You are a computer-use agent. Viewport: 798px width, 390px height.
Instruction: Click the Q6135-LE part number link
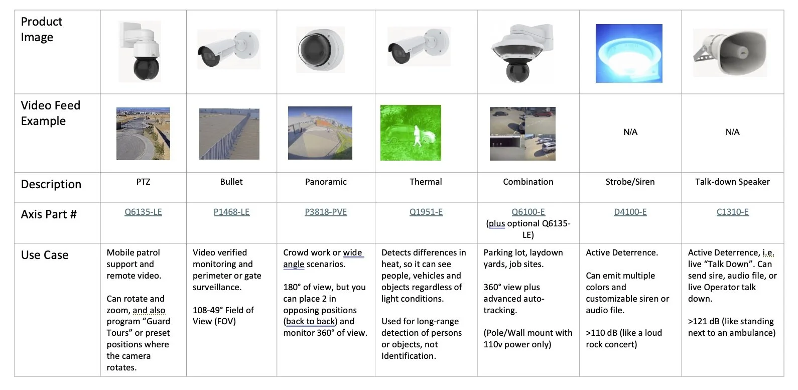[143, 212]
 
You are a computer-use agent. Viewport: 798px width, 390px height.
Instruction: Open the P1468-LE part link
[231, 212]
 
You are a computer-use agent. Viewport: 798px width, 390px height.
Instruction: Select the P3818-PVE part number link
[326, 212]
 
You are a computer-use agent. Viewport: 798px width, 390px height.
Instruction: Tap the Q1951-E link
[426, 212]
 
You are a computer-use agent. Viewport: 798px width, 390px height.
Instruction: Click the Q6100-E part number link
[528, 212]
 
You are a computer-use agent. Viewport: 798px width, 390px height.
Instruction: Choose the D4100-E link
[630, 212]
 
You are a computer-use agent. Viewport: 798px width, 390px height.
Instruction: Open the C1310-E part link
[732, 212]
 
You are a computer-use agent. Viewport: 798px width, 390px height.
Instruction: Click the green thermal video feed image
[411, 133]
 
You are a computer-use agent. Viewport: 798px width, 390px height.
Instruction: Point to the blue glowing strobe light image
[629, 53]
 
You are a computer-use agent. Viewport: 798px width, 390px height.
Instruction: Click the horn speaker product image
[730, 53]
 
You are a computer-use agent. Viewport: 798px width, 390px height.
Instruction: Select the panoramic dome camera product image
[320, 50]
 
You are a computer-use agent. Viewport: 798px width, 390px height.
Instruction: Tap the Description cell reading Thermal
[426, 182]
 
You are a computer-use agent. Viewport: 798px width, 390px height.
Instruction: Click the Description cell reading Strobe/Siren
[630, 182]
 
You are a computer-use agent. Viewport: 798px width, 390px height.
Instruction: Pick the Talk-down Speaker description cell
[732, 182]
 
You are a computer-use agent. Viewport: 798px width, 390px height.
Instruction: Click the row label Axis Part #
[49, 214]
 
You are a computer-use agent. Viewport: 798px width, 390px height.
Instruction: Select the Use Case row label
[45, 255]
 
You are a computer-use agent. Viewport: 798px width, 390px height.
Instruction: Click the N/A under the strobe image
[630, 132]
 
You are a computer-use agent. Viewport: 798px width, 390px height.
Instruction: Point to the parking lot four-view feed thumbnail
[522, 134]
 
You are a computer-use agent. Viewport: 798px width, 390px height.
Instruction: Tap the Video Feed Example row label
[50, 113]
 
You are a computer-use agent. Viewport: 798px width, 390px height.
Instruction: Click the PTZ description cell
[143, 182]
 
